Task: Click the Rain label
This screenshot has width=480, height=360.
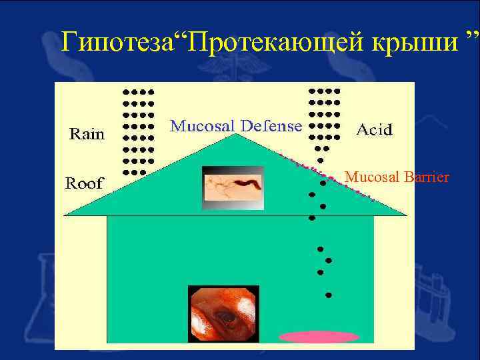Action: [87, 135]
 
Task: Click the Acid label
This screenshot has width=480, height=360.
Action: [375, 129]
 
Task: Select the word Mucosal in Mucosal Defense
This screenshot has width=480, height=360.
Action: [201, 125]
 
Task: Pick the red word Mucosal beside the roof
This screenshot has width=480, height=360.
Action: [369, 177]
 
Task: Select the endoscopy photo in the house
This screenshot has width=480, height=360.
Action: [223, 314]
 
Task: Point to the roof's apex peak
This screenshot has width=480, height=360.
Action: [235, 135]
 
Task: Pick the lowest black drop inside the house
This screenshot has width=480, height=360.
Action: [327, 295]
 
